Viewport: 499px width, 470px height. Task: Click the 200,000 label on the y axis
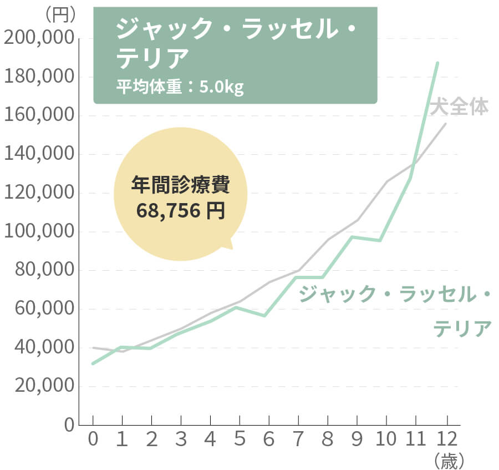coord(39,38)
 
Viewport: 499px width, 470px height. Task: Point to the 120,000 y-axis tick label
coord(39,193)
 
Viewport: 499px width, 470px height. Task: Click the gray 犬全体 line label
coord(460,107)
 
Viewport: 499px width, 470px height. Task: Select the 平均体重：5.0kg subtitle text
coord(180,87)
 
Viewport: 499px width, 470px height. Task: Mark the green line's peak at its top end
coord(437,63)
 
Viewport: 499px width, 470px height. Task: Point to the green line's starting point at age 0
coord(93,363)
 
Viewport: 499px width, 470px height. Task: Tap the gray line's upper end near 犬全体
coord(445,123)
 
